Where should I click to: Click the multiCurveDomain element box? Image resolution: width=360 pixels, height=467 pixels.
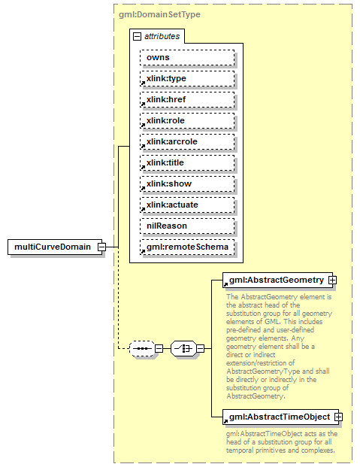point(53,247)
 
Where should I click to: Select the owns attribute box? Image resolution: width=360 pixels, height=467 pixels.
point(186,57)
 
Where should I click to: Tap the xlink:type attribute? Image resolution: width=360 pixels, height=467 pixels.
point(186,78)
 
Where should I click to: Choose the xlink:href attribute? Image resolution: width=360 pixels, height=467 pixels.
point(186,99)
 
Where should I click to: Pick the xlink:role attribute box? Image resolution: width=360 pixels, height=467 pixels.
point(186,120)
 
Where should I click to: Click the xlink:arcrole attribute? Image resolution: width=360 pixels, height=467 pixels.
point(186,141)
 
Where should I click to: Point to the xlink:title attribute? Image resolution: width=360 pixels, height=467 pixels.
point(186,162)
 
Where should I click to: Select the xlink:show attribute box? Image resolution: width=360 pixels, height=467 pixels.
point(186,183)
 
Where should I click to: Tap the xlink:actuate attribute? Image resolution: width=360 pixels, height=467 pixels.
point(186,205)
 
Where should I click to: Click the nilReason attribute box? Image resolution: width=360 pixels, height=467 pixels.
point(186,226)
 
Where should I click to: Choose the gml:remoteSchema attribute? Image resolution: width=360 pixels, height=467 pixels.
point(186,247)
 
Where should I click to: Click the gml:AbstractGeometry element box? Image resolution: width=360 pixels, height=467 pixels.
point(274,280)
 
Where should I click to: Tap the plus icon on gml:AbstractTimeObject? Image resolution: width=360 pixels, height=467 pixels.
point(338,417)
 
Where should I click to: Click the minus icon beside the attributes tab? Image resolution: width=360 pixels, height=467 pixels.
point(137,36)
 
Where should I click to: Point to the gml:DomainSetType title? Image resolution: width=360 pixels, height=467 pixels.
point(159,14)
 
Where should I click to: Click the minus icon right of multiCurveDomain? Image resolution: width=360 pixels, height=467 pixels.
point(110,247)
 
